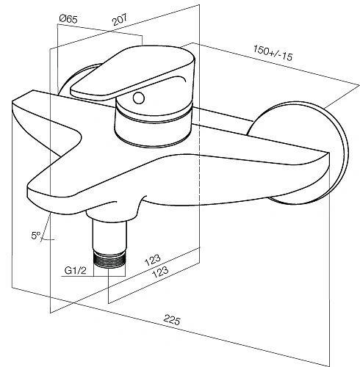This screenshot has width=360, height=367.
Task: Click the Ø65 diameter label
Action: click(68, 19)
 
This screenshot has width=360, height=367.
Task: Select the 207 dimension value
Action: click(120, 20)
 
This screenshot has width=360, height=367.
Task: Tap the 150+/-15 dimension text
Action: click(273, 53)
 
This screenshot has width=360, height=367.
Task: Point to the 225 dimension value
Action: click(172, 320)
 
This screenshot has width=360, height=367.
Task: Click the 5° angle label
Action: click(36, 236)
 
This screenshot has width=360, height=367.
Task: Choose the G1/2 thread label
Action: click(75, 270)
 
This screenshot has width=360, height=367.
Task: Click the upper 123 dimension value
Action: click(153, 260)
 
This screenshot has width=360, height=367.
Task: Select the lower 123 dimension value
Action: click(160, 272)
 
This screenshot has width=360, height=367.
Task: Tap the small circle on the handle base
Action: click(139, 98)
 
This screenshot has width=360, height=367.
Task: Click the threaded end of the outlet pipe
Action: click(109, 259)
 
